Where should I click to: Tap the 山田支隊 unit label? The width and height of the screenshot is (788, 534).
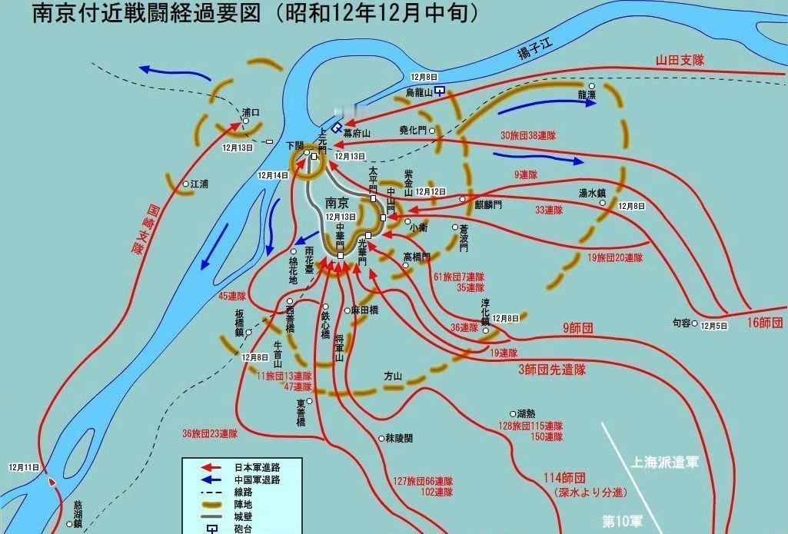coord(680,59)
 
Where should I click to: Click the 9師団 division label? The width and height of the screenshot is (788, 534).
coord(577,327)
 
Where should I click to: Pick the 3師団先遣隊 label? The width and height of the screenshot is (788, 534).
coord(551,370)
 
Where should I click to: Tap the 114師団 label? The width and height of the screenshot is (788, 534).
coord(569,476)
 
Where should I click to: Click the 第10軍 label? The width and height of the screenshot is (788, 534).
coord(622,522)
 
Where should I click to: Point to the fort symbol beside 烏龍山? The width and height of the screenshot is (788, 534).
coord(439,91)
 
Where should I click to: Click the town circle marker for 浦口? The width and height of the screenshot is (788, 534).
coord(245,121)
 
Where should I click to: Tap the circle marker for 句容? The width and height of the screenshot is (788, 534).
coord(694,324)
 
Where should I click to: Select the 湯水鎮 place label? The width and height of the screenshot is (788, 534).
coord(593,193)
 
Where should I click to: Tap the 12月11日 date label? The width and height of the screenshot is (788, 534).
coord(24,467)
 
